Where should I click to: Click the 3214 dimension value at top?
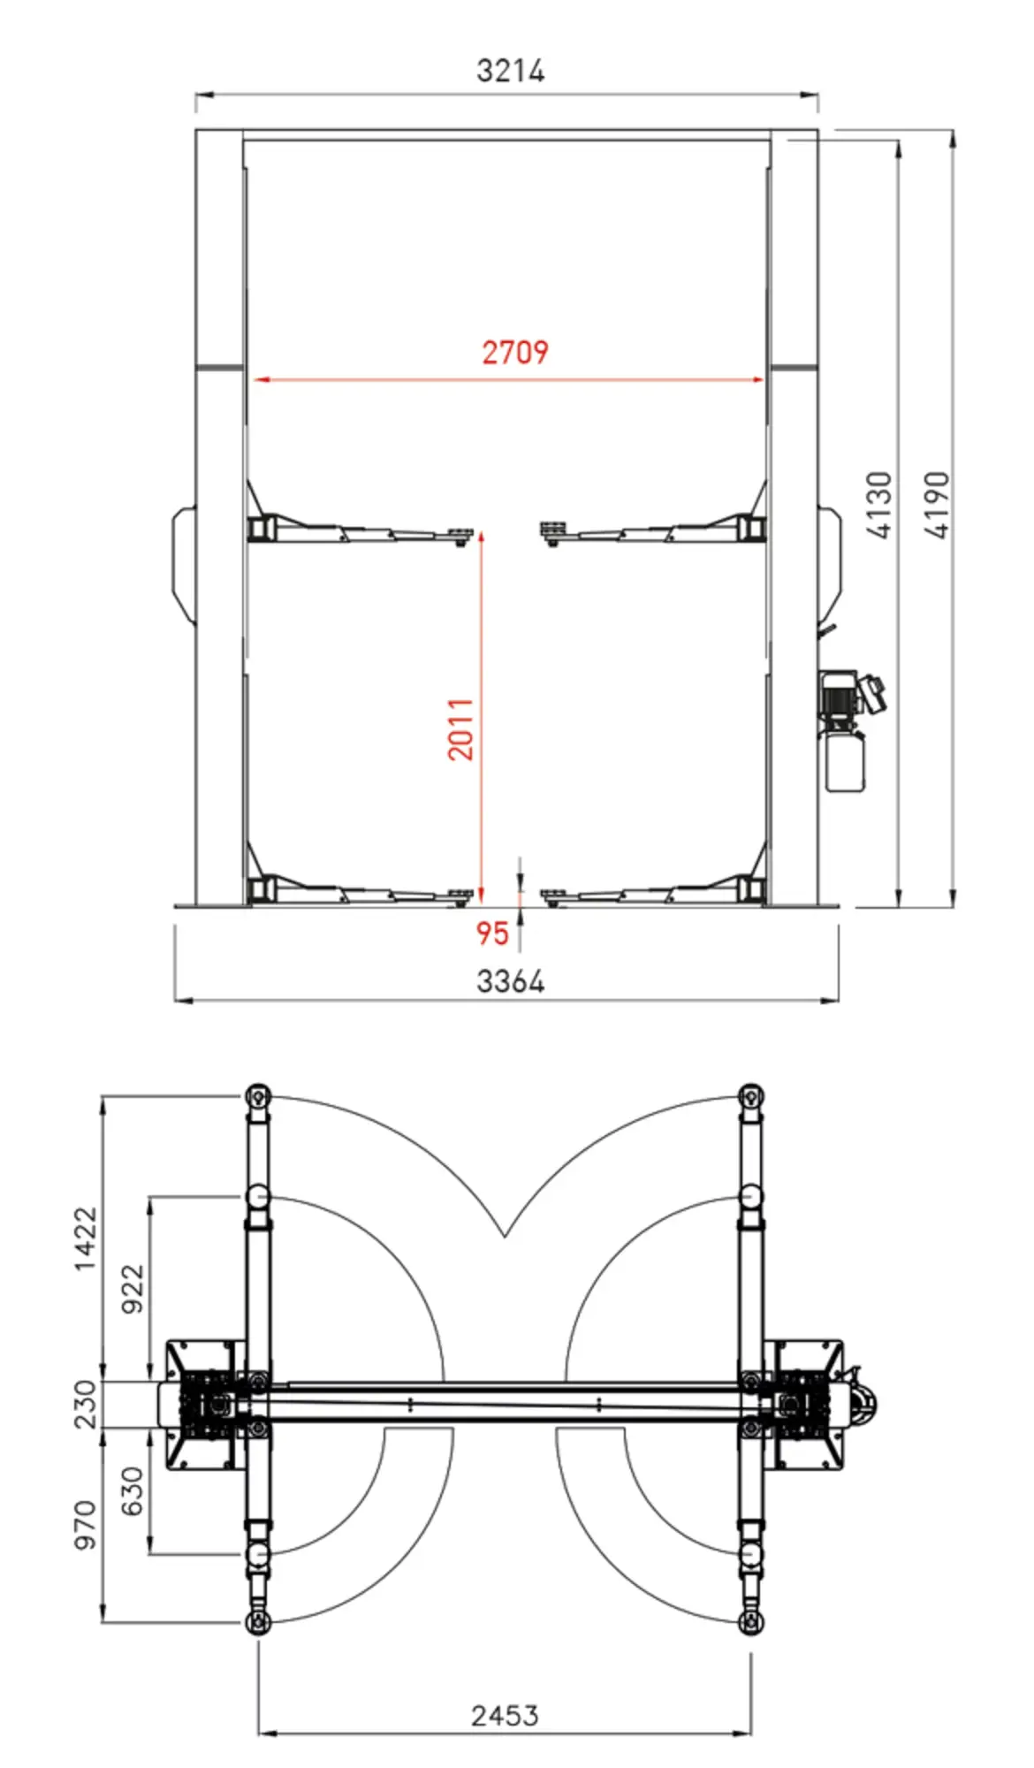point(510,71)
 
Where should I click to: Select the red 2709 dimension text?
point(515,352)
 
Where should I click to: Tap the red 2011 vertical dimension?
point(460,728)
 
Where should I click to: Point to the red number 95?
point(492,934)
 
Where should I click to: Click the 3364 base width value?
point(511,981)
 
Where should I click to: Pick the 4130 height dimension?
point(879,505)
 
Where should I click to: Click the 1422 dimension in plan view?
point(85,1238)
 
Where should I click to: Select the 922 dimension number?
point(132,1288)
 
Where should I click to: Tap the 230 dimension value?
point(85,1404)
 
